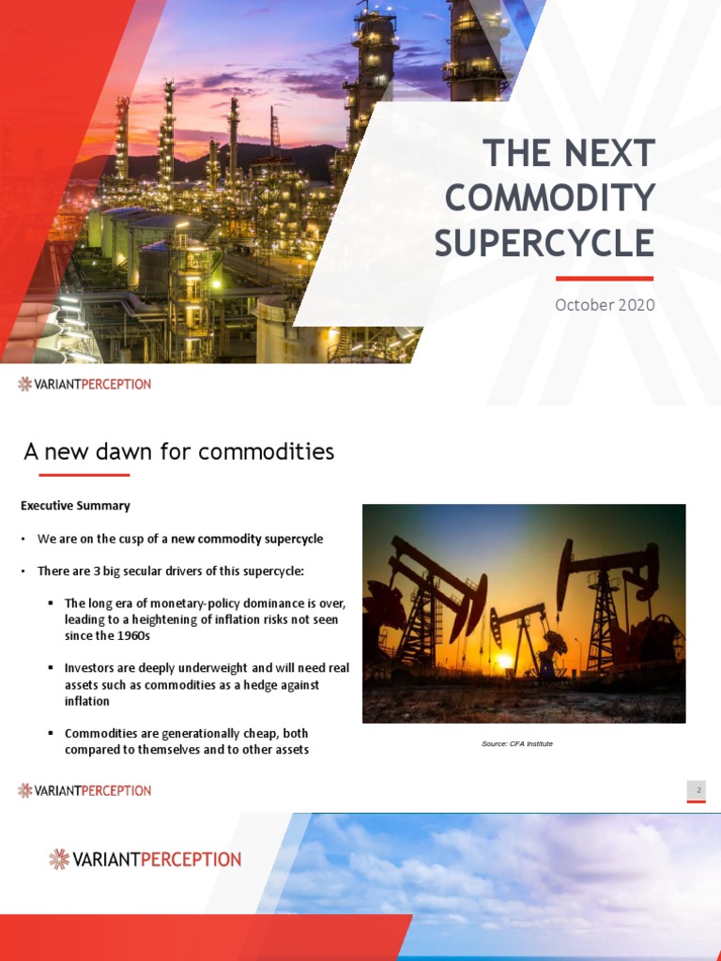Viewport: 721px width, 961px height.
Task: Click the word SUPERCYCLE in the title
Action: pyautogui.click(x=544, y=242)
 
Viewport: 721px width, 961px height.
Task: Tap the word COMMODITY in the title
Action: pyautogui.click(x=549, y=198)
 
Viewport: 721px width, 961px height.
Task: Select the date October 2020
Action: pyautogui.click(x=605, y=305)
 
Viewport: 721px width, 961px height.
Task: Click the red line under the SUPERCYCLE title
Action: pyautogui.click(x=604, y=279)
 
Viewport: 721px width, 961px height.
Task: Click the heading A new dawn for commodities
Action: pyautogui.click(x=178, y=451)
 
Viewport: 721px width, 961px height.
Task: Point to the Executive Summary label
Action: pyautogui.click(x=75, y=506)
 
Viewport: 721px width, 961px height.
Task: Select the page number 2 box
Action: pyautogui.click(x=698, y=790)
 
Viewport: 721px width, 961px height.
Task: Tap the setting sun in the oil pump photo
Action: pyautogui.click(x=505, y=661)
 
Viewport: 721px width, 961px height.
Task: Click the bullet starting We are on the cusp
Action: pyautogui.click(x=179, y=539)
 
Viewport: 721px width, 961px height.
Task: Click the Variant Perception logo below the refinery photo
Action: pyautogui.click(x=84, y=384)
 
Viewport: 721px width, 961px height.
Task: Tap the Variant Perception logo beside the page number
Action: pyautogui.click(x=84, y=790)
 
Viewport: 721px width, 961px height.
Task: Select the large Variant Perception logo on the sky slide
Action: pyautogui.click(x=146, y=859)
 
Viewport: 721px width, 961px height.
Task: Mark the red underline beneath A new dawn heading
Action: pyautogui.click(x=76, y=475)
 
